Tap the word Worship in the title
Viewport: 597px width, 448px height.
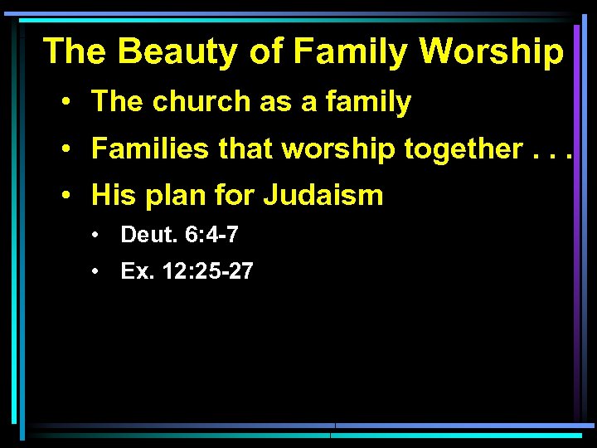pos(492,51)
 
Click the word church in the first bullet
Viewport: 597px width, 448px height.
pos(196,102)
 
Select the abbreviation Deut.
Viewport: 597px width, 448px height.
pos(146,236)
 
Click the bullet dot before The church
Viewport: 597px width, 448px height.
pos(64,103)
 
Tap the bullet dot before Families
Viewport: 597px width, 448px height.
pos(64,150)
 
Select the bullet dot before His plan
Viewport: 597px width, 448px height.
pos(64,197)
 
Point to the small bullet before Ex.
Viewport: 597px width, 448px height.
pos(97,271)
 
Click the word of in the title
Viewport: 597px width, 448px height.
pos(266,51)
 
